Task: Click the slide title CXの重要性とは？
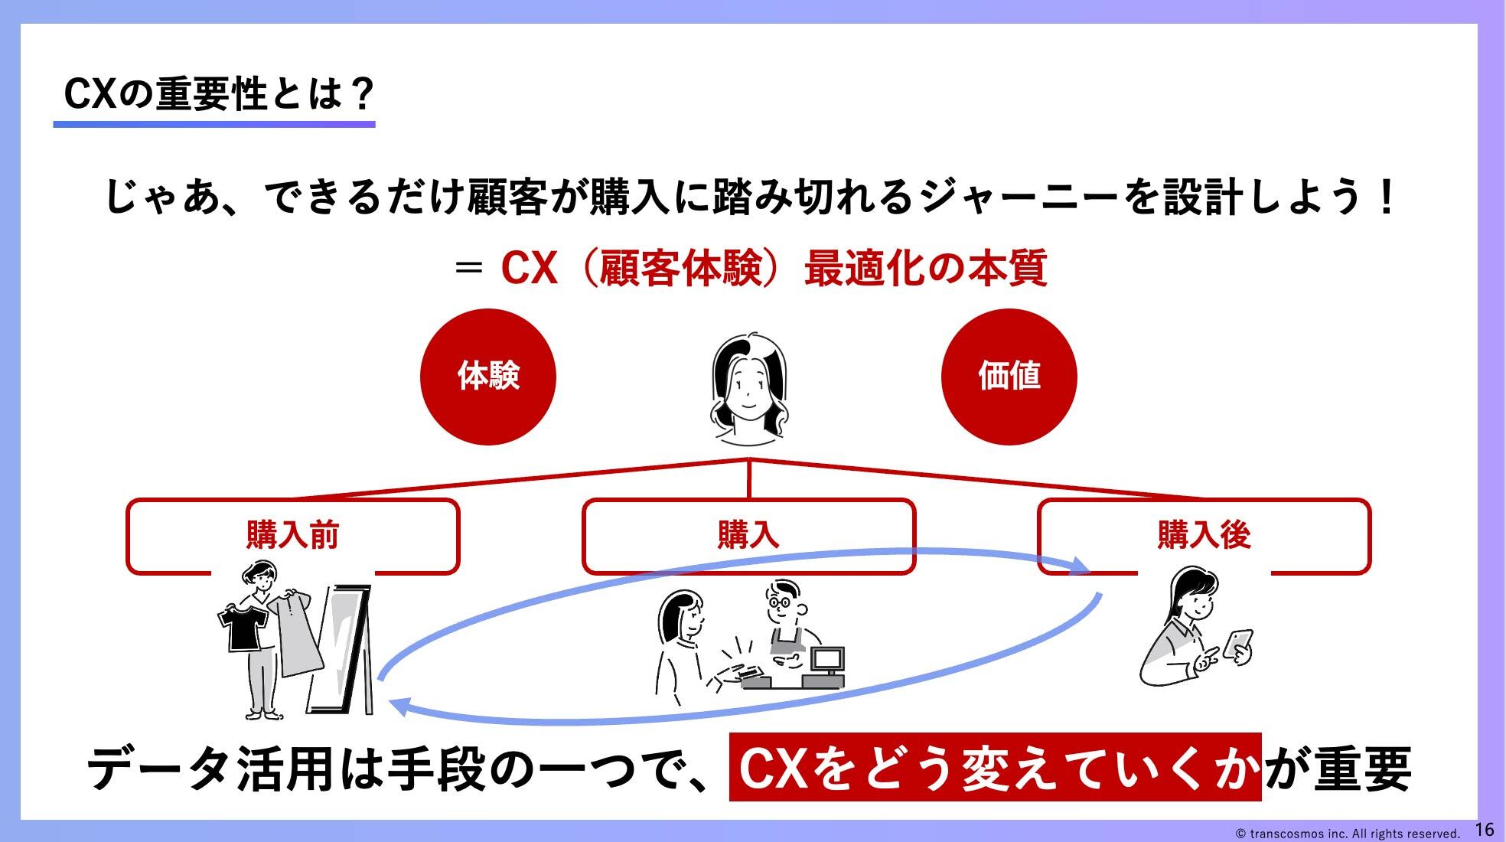pos(219,94)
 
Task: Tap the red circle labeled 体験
pos(488,377)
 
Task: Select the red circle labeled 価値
pos(1009,377)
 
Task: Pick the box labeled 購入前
pos(292,536)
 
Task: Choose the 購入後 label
pos(1204,535)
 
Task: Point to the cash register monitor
pos(827,659)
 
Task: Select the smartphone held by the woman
pos(1238,644)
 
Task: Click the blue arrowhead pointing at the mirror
pos(398,706)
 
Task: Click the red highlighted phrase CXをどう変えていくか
pos(995,767)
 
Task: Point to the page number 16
pos(1484,829)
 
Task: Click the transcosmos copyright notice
pos(1348,834)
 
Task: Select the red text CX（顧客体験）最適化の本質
pos(774,268)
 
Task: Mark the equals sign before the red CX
pos(468,269)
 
